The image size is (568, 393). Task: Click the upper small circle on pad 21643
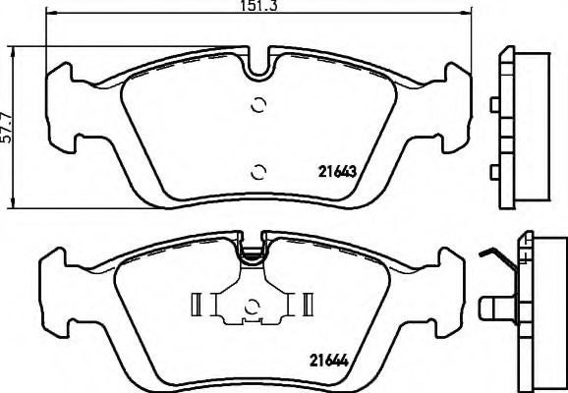pos(258,106)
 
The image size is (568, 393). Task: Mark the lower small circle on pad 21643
pos(258,173)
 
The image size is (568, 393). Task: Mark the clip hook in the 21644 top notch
pos(254,254)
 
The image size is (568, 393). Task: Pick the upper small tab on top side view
pos(494,102)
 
